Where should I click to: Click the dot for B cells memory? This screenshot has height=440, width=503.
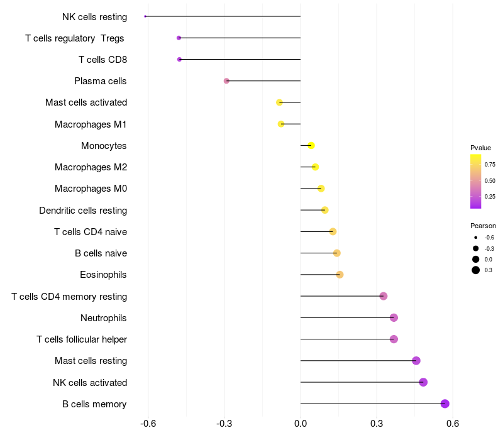[445, 404]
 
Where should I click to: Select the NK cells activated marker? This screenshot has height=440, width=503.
[423, 382]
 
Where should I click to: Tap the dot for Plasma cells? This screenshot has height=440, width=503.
[226, 81]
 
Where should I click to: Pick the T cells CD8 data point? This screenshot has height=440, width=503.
[179, 59]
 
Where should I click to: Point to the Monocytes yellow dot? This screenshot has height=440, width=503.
[311, 146]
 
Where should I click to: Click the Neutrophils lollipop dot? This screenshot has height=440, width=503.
[394, 317]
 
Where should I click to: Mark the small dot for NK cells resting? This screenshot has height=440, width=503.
[145, 16]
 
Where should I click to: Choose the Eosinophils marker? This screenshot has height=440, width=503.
[340, 275]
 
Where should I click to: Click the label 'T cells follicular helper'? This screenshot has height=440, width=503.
[82, 339]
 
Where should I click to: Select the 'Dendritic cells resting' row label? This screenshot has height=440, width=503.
[83, 211]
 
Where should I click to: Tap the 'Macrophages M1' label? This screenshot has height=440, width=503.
[91, 124]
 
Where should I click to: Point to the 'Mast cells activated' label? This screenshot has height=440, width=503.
[86, 102]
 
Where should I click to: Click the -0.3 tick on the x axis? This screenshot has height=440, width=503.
[224, 424]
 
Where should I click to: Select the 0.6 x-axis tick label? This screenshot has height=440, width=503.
[452, 424]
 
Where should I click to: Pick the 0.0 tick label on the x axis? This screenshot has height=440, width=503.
[301, 424]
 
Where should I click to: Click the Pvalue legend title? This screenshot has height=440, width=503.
[480, 148]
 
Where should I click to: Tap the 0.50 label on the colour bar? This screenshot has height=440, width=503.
[489, 181]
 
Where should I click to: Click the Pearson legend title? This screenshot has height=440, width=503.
[483, 226]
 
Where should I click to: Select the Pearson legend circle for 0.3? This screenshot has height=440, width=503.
[476, 270]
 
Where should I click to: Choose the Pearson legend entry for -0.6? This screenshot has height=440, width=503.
[476, 238]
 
